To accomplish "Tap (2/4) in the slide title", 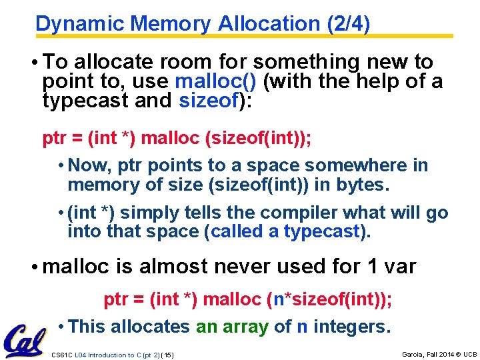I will coord(348,23).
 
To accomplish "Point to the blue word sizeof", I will coord(206,101).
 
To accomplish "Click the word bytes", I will coord(363,184).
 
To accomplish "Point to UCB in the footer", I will coord(470,353).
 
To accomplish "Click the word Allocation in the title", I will coord(269,23).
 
